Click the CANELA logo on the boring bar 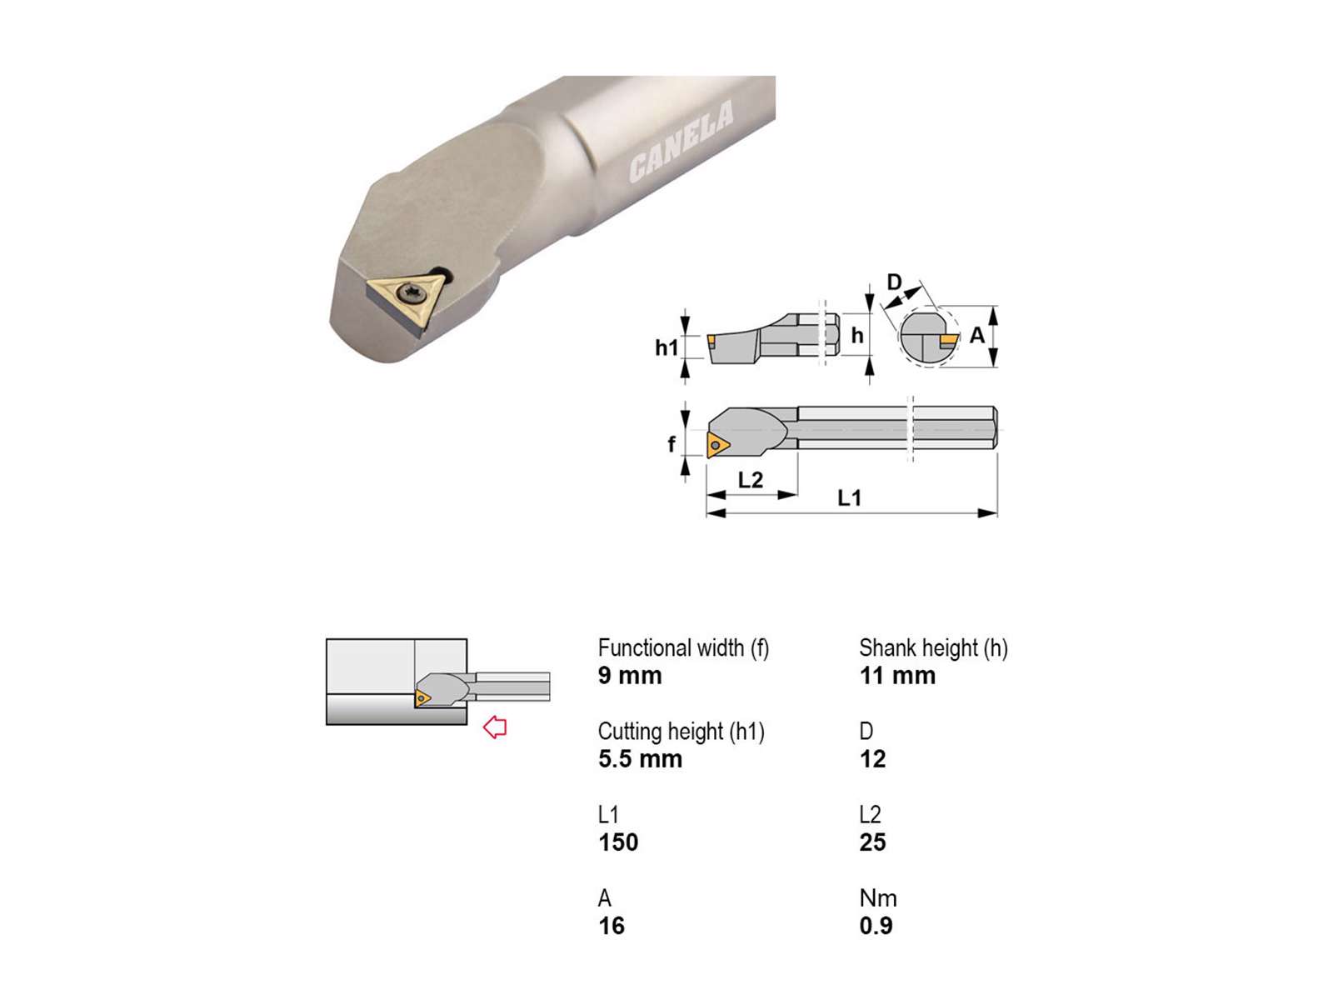tap(681, 141)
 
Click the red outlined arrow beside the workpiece tap(494, 727)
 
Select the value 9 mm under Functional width tap(629, 675)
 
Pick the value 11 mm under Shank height tap(897, 675)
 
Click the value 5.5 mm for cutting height tap(640, 759)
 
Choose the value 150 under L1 tap(618, 842)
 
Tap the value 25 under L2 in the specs tap(872, 842)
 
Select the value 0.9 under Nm tap(876, 925)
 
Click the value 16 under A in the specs tap(611, 925)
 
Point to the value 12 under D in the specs tap(872, 759)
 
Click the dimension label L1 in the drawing tap(850, 497)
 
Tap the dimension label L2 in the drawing tap(750, 480)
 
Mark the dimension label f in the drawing tap(671, 444)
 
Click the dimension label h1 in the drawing tap(666, 347)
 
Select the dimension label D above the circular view tap(895, 282)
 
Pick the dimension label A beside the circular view tap(976, 334)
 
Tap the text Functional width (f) tap(683, 647)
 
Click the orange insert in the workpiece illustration tap(422, 698)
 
